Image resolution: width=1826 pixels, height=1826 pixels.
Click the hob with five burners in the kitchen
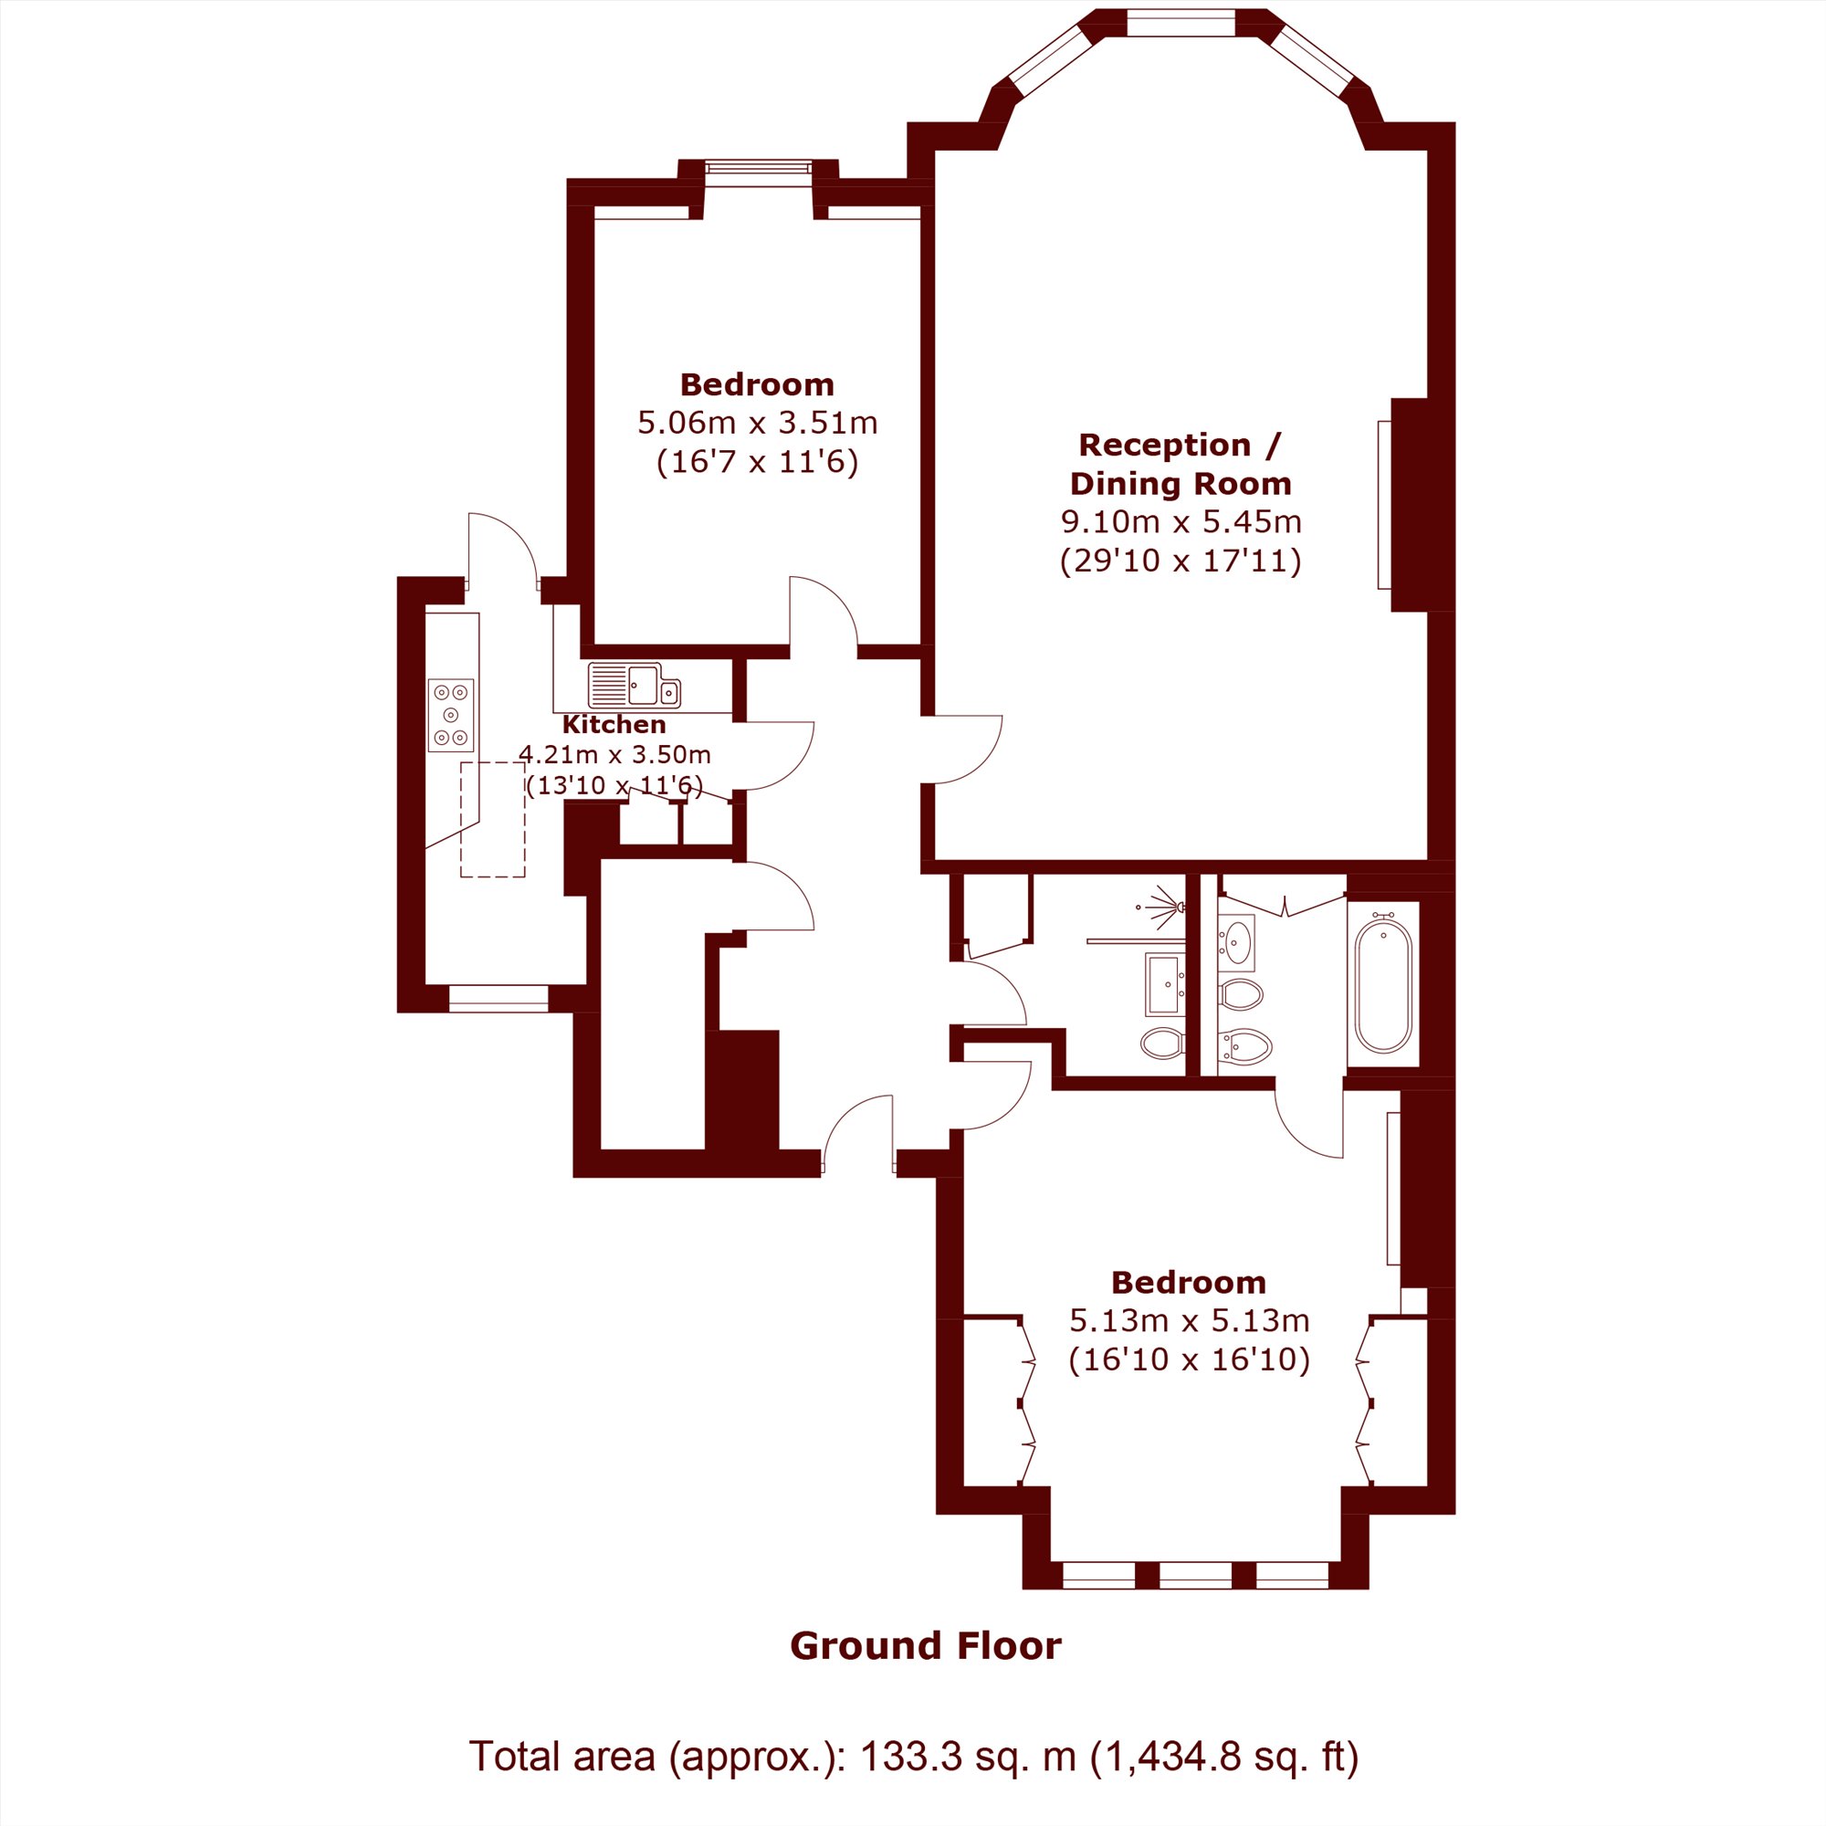451,716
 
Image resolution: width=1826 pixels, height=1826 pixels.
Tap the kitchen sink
635,686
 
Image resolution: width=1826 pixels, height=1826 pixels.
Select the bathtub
1384,984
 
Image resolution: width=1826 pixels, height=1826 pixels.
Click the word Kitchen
614,725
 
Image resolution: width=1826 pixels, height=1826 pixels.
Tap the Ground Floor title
925,1645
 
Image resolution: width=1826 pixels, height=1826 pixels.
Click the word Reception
1164,445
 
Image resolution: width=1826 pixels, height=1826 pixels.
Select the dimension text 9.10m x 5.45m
1181,520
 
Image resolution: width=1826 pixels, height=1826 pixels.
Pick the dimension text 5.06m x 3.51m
758,422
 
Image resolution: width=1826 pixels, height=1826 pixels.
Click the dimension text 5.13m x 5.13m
1189,1319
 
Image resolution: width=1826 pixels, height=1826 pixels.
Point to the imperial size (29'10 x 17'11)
1181,561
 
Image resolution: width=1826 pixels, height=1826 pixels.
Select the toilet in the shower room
1162,1044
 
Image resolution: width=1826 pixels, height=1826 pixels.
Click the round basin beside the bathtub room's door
1236,941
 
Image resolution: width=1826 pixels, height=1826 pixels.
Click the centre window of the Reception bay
1181,23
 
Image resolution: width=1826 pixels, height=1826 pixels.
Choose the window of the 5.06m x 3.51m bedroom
758,168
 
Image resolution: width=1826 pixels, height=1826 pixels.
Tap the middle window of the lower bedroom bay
1196,1576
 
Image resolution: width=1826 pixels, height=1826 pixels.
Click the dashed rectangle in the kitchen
492,820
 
